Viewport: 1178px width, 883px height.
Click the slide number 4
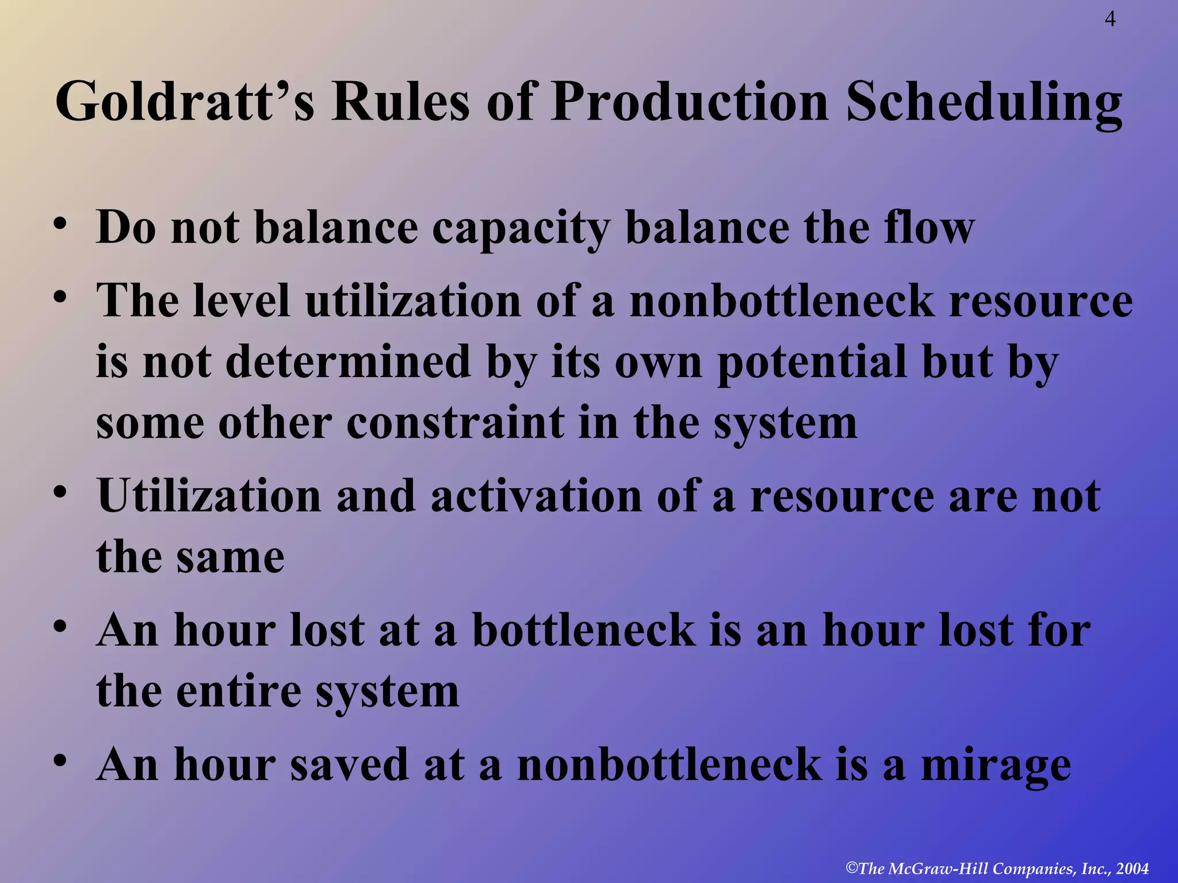1110,20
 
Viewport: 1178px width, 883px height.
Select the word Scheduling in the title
984,102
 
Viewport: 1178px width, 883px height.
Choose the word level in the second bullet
241,301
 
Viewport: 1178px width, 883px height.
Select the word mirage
996,767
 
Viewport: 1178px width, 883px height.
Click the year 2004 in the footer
1132,869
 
